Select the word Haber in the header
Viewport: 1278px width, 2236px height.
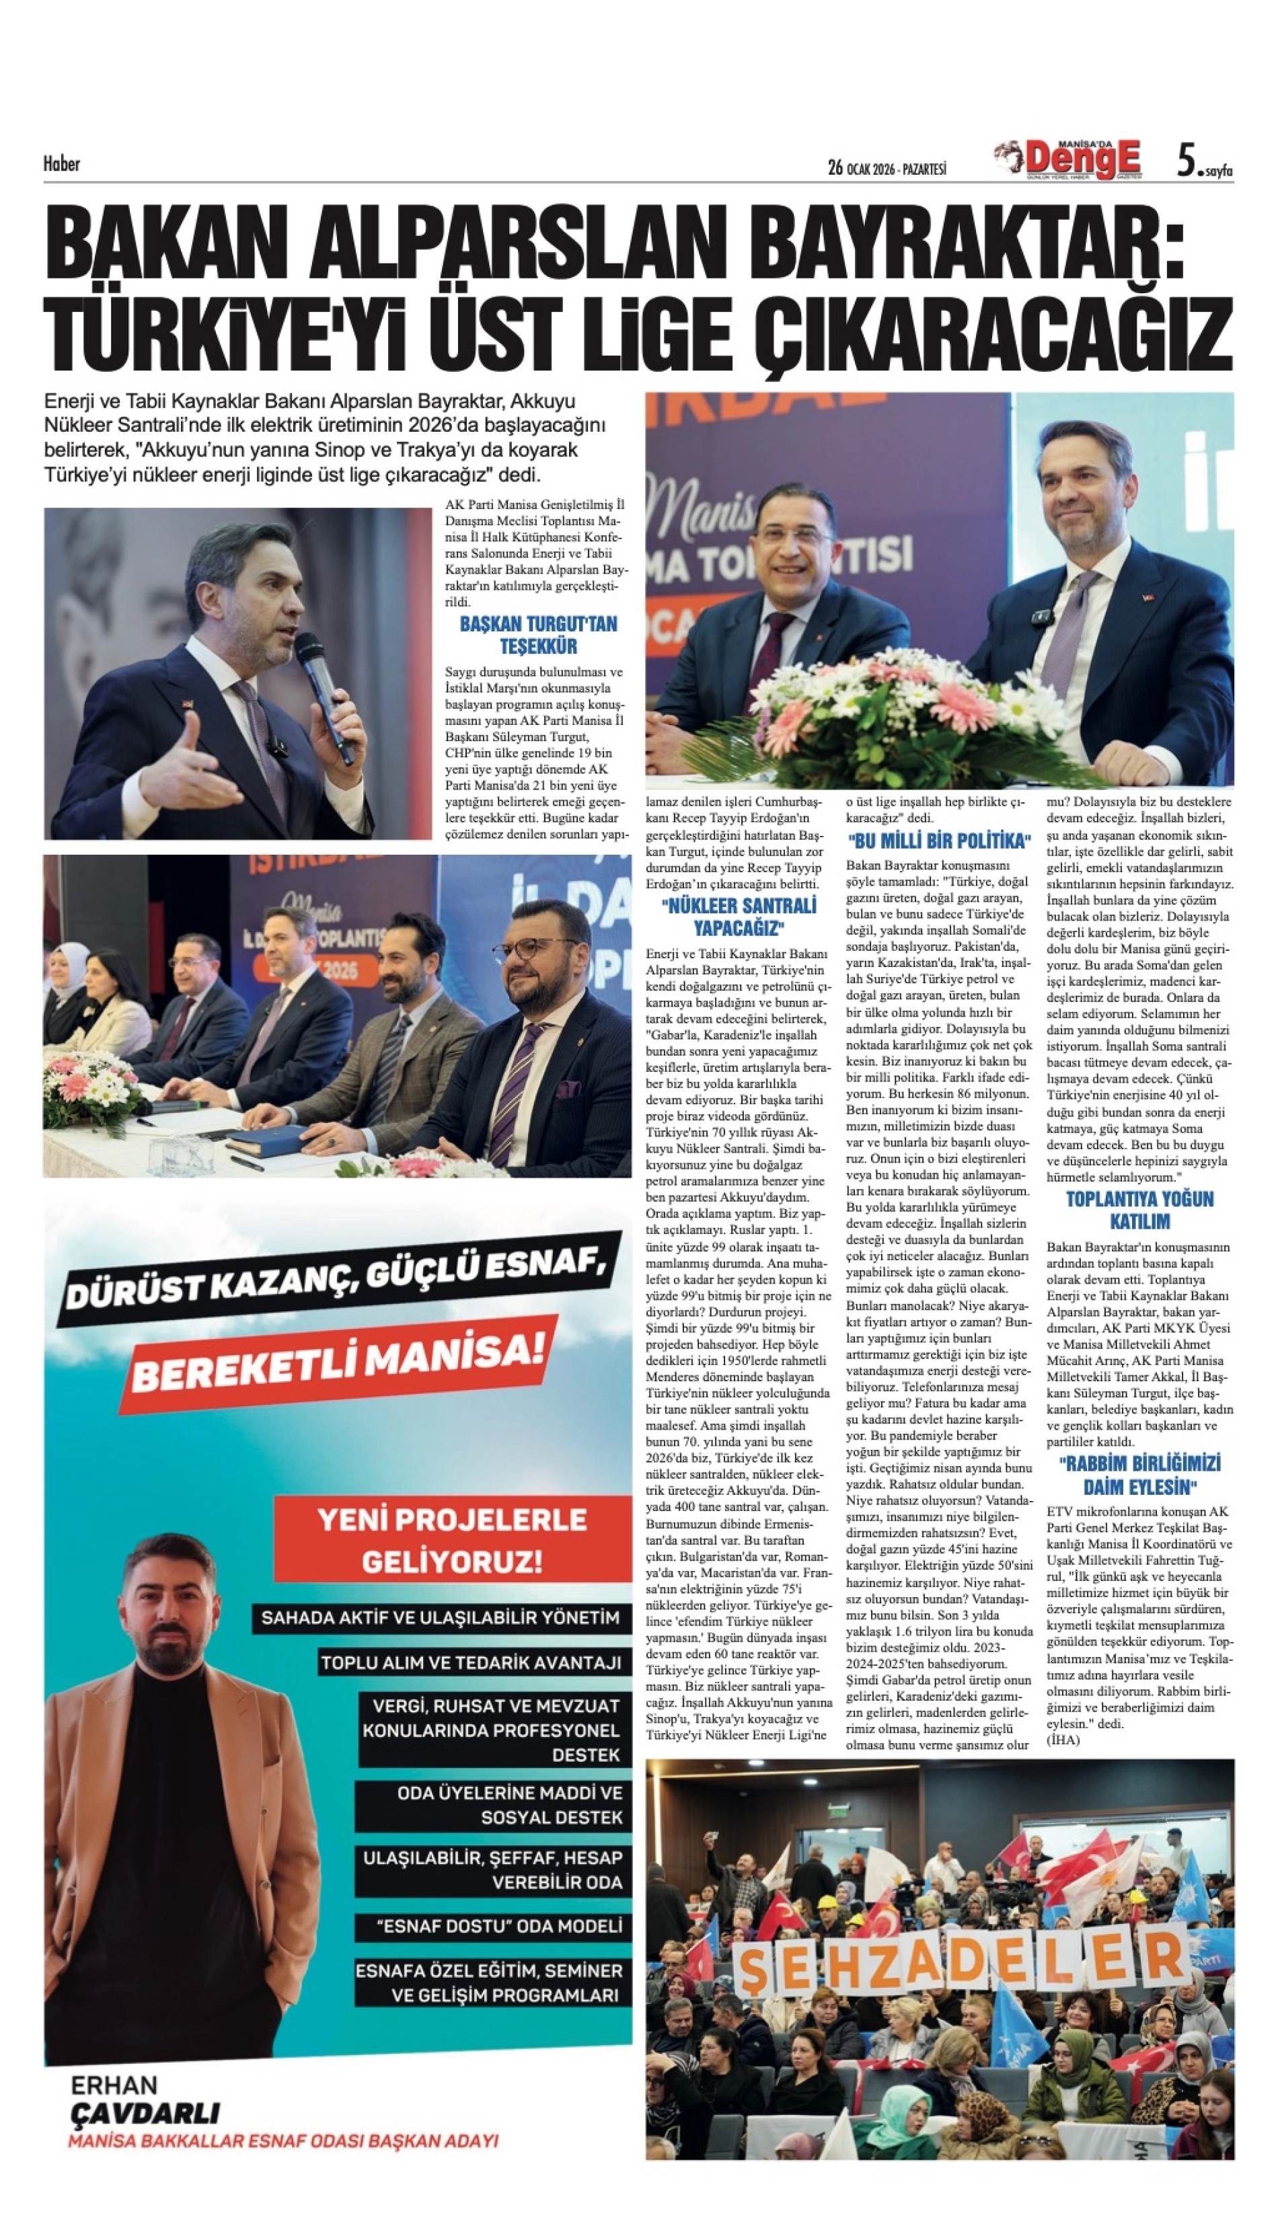pos(61,163)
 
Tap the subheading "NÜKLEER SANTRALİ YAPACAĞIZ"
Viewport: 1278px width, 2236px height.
pos(739,916)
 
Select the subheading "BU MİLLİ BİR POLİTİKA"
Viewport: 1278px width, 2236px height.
pos(938,841)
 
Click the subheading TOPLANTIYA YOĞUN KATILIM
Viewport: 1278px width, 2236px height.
pos(1139,1210)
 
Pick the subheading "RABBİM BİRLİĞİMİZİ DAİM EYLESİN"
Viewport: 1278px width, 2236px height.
pos(1139,1475)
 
